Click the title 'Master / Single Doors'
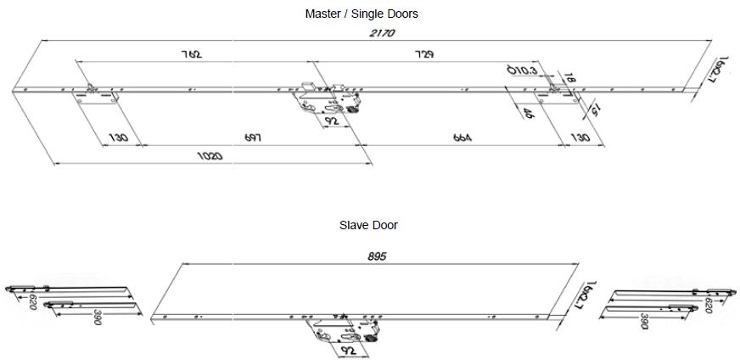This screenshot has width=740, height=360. click(362, 14)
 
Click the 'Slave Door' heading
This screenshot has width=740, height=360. click(368, 225)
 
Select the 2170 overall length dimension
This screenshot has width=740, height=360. click(382, 33)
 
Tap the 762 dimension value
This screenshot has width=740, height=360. click(192, 54)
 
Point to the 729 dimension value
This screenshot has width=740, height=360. click(424, 54)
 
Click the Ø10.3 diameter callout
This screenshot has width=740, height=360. click(521, 70)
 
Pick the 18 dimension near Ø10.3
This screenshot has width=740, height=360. click(570, 77)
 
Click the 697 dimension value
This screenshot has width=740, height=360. click(252, 138)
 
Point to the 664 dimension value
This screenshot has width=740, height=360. click(462, 138)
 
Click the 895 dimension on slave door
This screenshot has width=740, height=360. click(378, 256)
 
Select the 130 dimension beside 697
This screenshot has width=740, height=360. click(119, 138)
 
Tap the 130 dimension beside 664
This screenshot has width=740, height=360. click(580, 138)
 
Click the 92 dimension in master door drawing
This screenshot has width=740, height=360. click(332, 121)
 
